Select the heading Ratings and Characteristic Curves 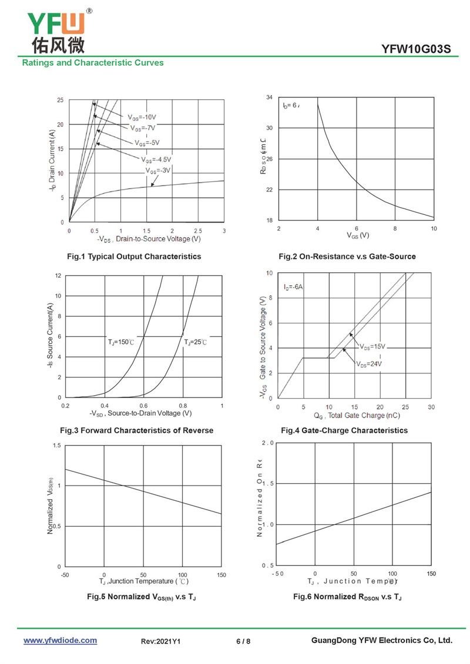pos(93,63)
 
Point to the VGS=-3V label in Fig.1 pos(158,170)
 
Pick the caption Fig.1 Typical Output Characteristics pos(134,257)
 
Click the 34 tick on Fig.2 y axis pos(269,97)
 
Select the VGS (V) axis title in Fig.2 pos(356,235)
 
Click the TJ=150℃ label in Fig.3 pos(121,342)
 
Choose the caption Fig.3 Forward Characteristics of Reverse pos(137,430)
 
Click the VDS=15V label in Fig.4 pos(372,346)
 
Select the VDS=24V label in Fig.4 pos(369,364)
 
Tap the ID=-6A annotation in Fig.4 pos(293,287)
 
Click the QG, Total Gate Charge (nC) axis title pos(357,416)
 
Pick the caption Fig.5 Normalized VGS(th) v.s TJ pos(142,597)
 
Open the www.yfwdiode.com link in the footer pos(60,641)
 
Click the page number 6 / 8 pos(243,641)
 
